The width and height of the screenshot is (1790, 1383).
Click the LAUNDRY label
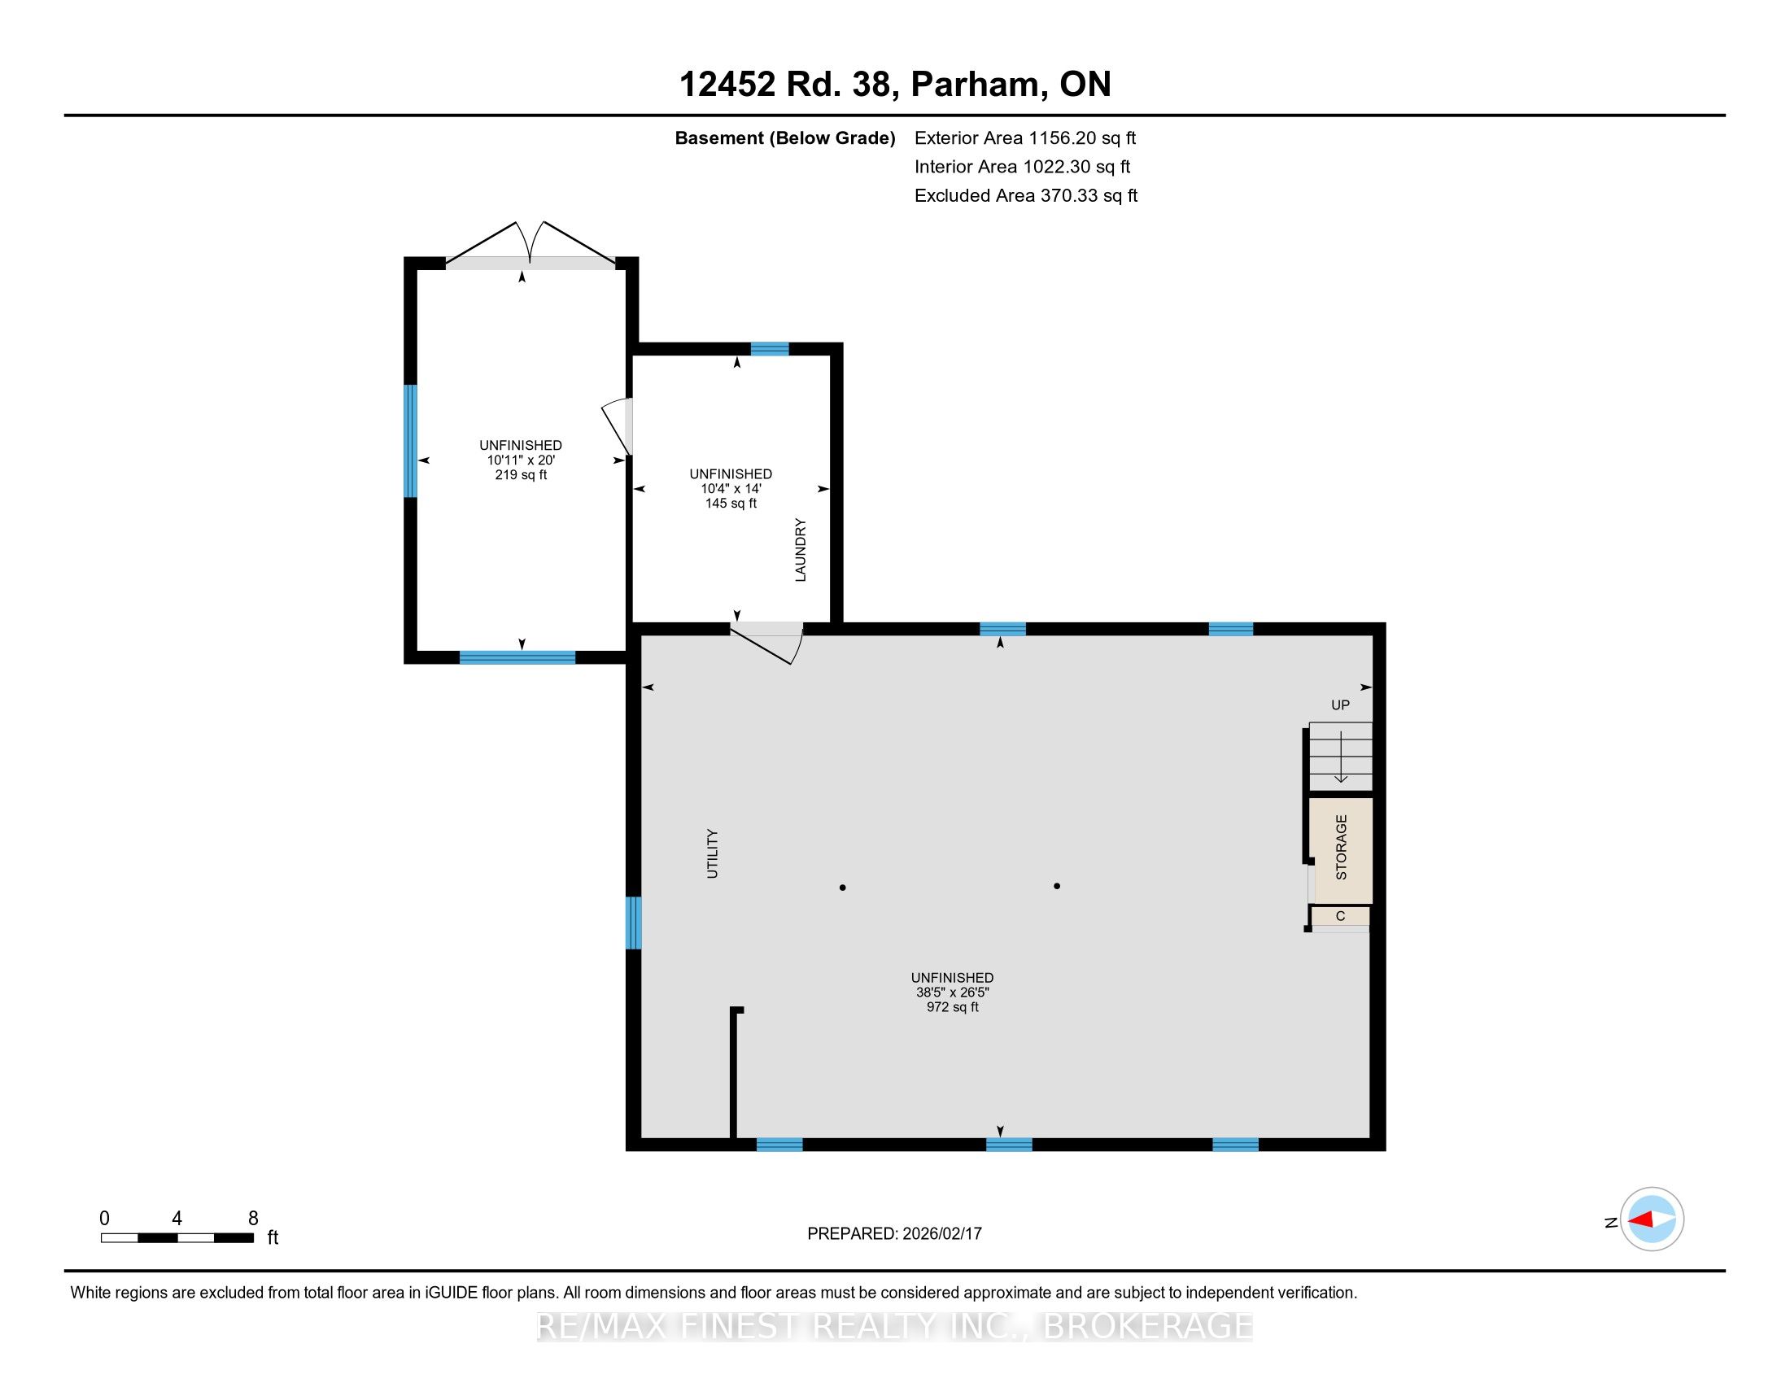(801, 550)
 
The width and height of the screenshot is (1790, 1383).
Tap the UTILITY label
(712, 853)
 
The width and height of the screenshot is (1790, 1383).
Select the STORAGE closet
(1340, 849)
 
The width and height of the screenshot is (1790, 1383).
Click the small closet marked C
(1340, 916)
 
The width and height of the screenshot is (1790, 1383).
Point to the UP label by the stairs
(1340, 705)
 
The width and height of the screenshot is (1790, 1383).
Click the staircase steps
(1340, 756)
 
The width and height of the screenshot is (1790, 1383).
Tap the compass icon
(1652, 1220)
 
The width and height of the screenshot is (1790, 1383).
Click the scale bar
(177, 1238)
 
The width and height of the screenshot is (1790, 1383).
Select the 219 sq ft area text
(521, 475)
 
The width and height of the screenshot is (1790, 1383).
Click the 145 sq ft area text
(731, 503)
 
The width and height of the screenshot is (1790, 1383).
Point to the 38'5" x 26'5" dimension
(953, 993)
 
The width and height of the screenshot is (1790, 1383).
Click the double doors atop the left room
(530, 243)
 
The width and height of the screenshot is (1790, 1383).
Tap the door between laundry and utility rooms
(766, 643)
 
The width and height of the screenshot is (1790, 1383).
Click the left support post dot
(843, 888)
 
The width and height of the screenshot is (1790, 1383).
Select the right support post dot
(1057, 886)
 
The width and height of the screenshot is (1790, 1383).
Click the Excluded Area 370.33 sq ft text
(1026, 196)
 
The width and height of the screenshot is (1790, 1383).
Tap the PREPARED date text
(894, 1234)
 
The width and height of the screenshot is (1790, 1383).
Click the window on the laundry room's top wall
(770, 349)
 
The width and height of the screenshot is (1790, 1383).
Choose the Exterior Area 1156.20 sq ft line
(1025, 138)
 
